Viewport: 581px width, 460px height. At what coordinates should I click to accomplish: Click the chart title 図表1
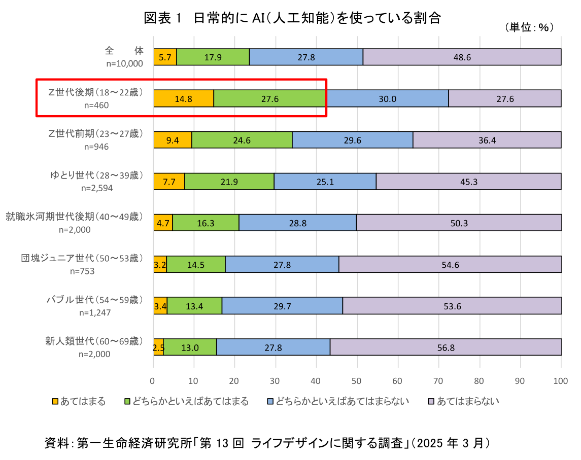[292, 19]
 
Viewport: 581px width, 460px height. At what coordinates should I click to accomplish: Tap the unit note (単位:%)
[528, 28]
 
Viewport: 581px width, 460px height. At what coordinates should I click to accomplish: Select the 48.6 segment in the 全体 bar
[462, 57]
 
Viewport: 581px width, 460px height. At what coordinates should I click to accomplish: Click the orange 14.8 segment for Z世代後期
[183, 99]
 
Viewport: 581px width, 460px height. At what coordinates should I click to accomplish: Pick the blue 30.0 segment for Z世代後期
[387, 99]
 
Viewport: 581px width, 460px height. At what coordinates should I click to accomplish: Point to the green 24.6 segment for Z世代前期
[242, 140]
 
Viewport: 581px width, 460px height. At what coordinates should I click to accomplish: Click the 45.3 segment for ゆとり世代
[468, 182]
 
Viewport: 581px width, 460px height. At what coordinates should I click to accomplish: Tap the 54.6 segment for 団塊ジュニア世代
[450, 265]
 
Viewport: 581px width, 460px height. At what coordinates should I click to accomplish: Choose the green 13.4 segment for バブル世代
[194, 306]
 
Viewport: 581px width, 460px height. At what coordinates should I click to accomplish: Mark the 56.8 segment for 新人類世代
[445, 347]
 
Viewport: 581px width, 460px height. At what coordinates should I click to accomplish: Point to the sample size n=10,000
[124, 63]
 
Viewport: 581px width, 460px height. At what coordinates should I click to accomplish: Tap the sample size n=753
[82, 271]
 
